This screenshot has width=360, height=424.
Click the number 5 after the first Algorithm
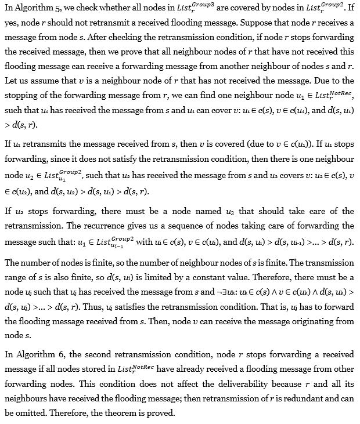[x=55, y=9]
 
